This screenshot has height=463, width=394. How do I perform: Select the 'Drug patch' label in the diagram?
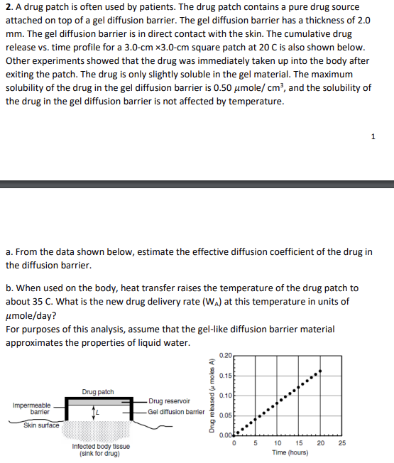tap(98, 391)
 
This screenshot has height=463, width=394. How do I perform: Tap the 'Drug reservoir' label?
tap(169, 401)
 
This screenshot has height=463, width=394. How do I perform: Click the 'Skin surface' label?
tap(40, 425)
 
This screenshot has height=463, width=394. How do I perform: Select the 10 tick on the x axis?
tap(276, 444)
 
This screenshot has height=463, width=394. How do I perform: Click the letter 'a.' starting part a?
tap(9, 252)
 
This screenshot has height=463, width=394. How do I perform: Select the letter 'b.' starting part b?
tap(9, 288)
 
